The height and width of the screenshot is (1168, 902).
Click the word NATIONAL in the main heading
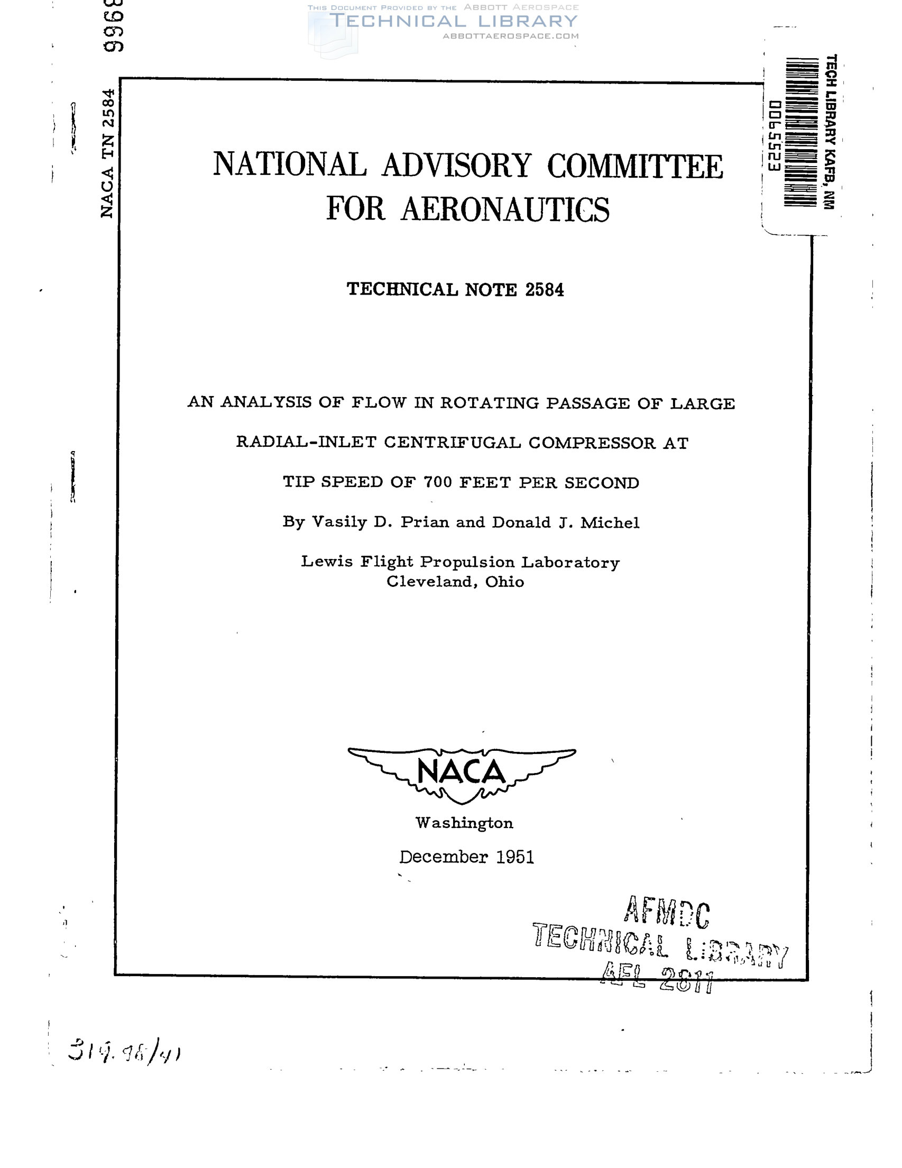pos(290,164)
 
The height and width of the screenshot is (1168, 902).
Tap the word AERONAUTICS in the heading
pos(505,209)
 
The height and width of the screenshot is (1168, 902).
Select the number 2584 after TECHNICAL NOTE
pos(544,290)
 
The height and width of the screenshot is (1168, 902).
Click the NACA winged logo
pos(462,775)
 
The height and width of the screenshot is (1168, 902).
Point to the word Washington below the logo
pos(464,823)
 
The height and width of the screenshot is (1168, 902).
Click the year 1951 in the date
pos(514,857)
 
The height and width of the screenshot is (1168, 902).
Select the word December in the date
pos(443,857)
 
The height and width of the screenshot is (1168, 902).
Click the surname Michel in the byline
pos(610,522)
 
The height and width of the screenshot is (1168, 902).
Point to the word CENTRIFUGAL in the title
pos(453,443)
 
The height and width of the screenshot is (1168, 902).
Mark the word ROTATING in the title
pos(489,403)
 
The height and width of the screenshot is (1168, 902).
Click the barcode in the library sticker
pos(799,132)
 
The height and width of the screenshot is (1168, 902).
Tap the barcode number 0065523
pos(774,136)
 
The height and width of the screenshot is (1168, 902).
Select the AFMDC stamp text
pos(666,913)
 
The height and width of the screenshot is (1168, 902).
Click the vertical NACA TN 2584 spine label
pos(107,153)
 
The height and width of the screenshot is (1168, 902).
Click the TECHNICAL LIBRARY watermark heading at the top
pos(454,21)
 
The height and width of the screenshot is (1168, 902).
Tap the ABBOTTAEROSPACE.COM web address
pos(510,36)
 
